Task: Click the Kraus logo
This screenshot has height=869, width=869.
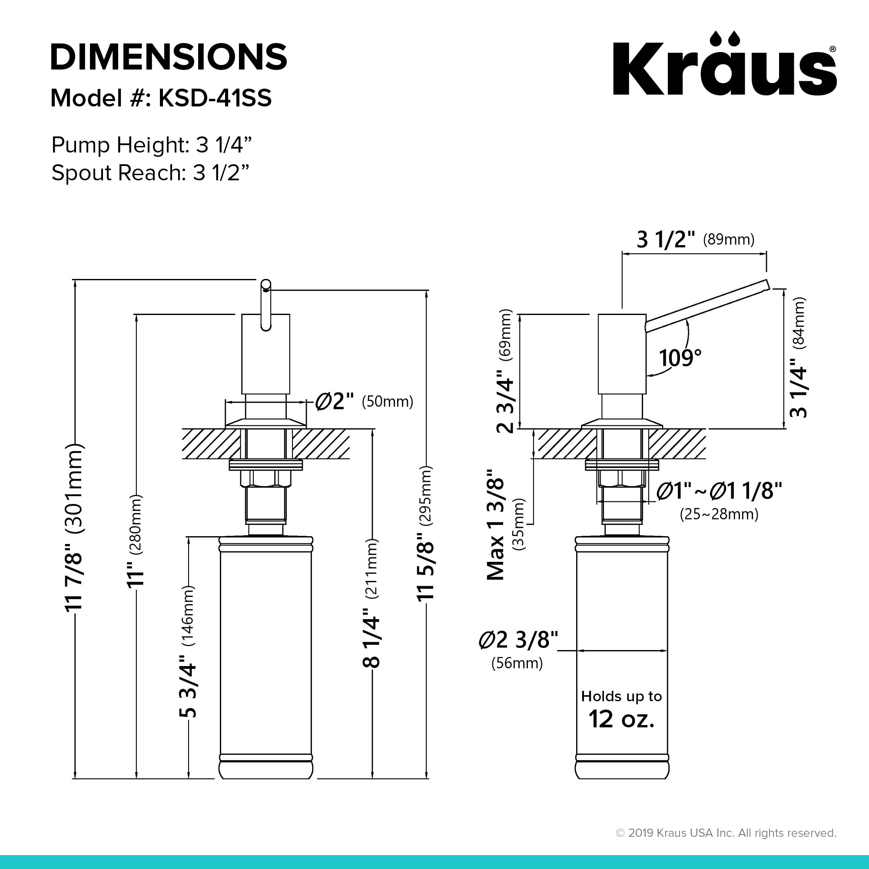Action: (x=725, y=63)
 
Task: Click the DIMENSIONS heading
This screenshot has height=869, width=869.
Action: (x=169, y=56)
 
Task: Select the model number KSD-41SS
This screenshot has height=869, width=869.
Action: (x=215, y=98)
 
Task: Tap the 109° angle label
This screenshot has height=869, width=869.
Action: (x=680, y=358)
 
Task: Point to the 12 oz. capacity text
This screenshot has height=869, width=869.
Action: (x=621, y=719)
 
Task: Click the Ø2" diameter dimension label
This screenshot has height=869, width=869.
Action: (x=335, y=401)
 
